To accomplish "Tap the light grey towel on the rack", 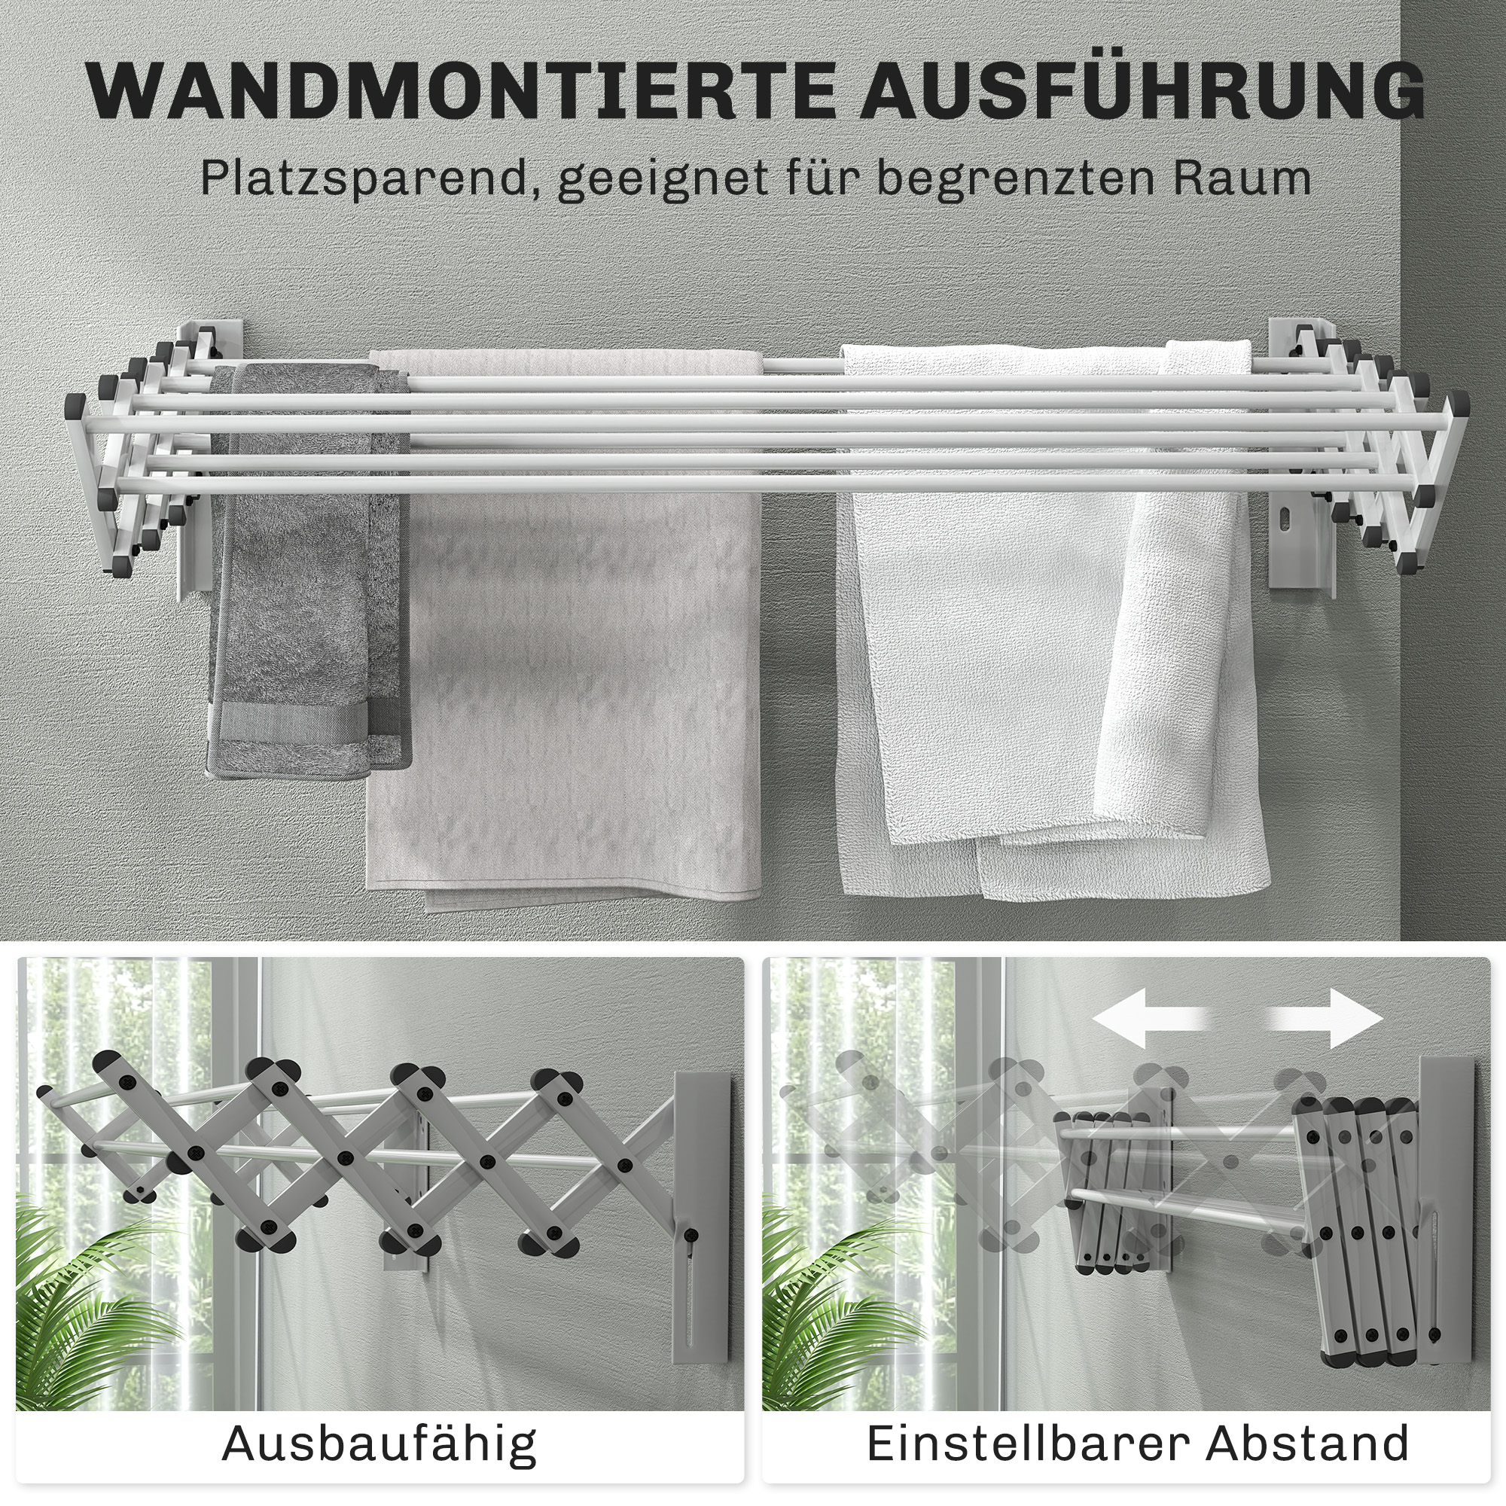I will coord(569,663).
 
